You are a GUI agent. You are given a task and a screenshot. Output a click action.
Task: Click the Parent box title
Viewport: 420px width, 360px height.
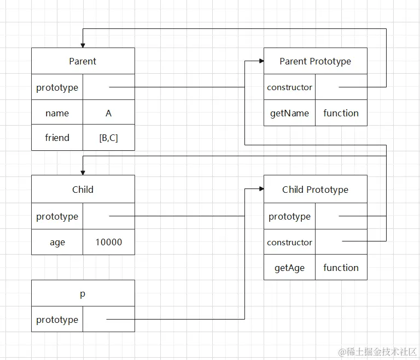(x=83, y=61)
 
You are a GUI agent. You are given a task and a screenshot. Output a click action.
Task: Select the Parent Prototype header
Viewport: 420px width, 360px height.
(x=315, y=61)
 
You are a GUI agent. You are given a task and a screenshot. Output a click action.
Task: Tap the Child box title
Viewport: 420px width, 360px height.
(x=83, y=190)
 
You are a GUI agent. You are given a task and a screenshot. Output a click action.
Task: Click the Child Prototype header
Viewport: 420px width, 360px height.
(x=315, y=190)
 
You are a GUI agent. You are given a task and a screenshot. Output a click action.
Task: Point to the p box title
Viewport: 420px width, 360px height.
(x=83, y=294)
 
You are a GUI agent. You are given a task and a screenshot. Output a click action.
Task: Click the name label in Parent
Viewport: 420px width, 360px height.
(x=57, y=113)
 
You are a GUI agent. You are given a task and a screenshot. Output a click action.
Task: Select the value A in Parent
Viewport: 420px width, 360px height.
(x=108, y=113)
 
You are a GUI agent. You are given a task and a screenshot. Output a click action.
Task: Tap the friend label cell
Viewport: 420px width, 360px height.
(x=57, y=138)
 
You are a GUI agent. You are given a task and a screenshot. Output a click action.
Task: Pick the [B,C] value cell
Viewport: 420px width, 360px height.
(x=108, y=138)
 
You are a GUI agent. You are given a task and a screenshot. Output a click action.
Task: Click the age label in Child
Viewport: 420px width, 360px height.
(x=57, y=242)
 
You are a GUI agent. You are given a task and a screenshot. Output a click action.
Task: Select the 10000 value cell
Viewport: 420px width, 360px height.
(x=108, y=242)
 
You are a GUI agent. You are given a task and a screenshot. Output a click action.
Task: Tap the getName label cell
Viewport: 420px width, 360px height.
(x=289, y=113)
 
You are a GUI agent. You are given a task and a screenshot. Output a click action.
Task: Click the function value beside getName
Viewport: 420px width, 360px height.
(x=341, y=113)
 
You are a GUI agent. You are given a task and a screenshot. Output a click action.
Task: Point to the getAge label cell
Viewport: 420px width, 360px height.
(x=289, y=268)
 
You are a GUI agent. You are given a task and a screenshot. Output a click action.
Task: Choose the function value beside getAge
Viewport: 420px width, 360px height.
(x=341, y=268)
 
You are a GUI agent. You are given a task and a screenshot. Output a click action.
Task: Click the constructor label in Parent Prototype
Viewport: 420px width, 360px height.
(x=289, y=87)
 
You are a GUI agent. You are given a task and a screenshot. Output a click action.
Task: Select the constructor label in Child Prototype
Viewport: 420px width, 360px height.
(x=289, y=242)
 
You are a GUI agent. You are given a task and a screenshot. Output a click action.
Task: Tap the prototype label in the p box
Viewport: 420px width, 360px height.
(x=57, y=320)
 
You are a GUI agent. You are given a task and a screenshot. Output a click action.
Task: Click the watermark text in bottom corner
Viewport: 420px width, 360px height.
(x=377, y=352)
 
